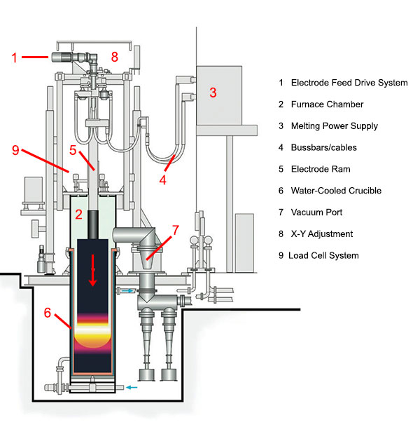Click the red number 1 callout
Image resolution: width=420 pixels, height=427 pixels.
15,57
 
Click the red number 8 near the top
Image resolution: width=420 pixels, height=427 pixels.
115,56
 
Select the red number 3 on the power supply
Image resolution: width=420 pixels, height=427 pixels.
214,93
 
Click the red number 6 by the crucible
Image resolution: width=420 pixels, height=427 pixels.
48,313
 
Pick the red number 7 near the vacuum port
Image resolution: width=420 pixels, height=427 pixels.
175,231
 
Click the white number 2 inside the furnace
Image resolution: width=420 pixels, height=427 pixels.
80,214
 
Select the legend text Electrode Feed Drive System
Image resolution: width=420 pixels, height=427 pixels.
349,83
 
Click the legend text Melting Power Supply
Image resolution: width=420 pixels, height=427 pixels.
334,126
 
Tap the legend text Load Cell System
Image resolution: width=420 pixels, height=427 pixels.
325,255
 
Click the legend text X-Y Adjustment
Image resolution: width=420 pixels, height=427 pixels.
321,233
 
